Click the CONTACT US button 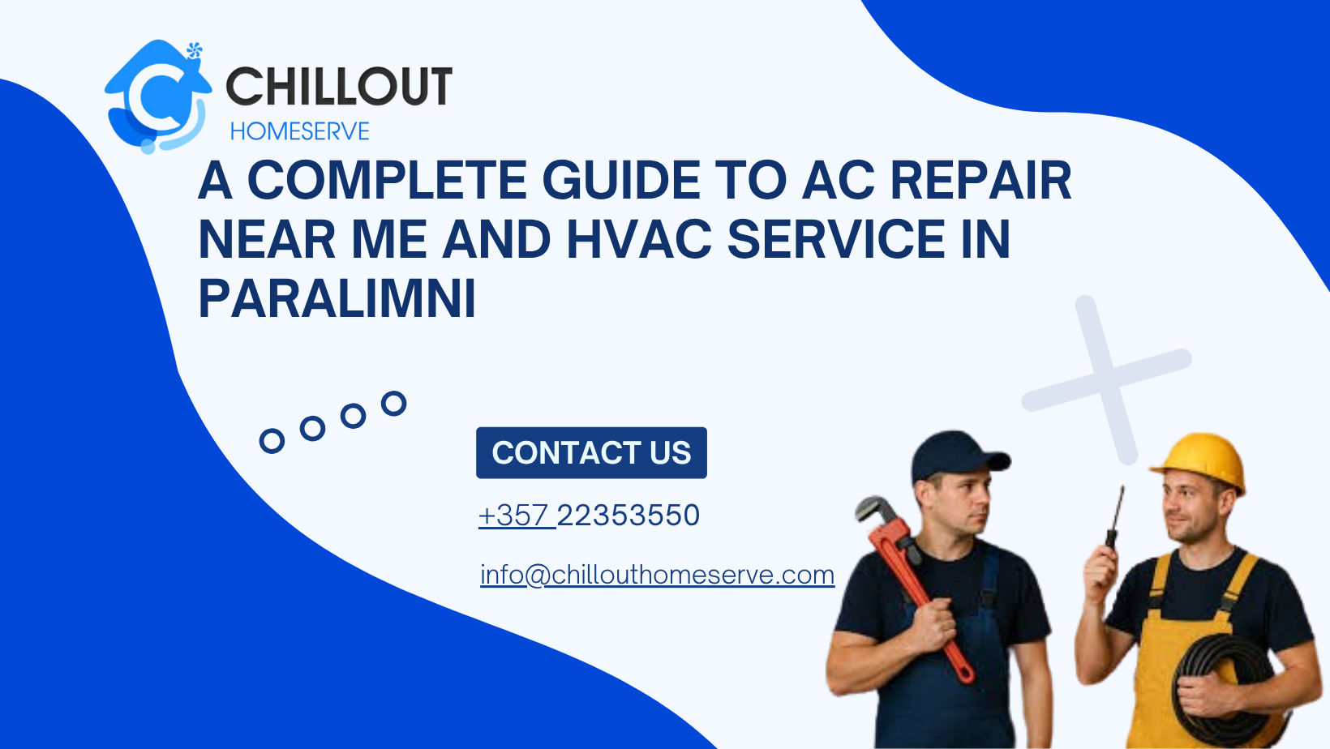point(591,452)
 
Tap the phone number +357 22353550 point(589,516)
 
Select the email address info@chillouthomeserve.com point(657,575)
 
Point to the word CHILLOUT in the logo point(339,87)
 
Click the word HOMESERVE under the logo point(299,131)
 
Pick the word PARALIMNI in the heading point(337,299)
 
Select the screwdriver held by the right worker point(1114,519)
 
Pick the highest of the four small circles point(393,403)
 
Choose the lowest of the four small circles point(272,441)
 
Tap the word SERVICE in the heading point(835,240)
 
